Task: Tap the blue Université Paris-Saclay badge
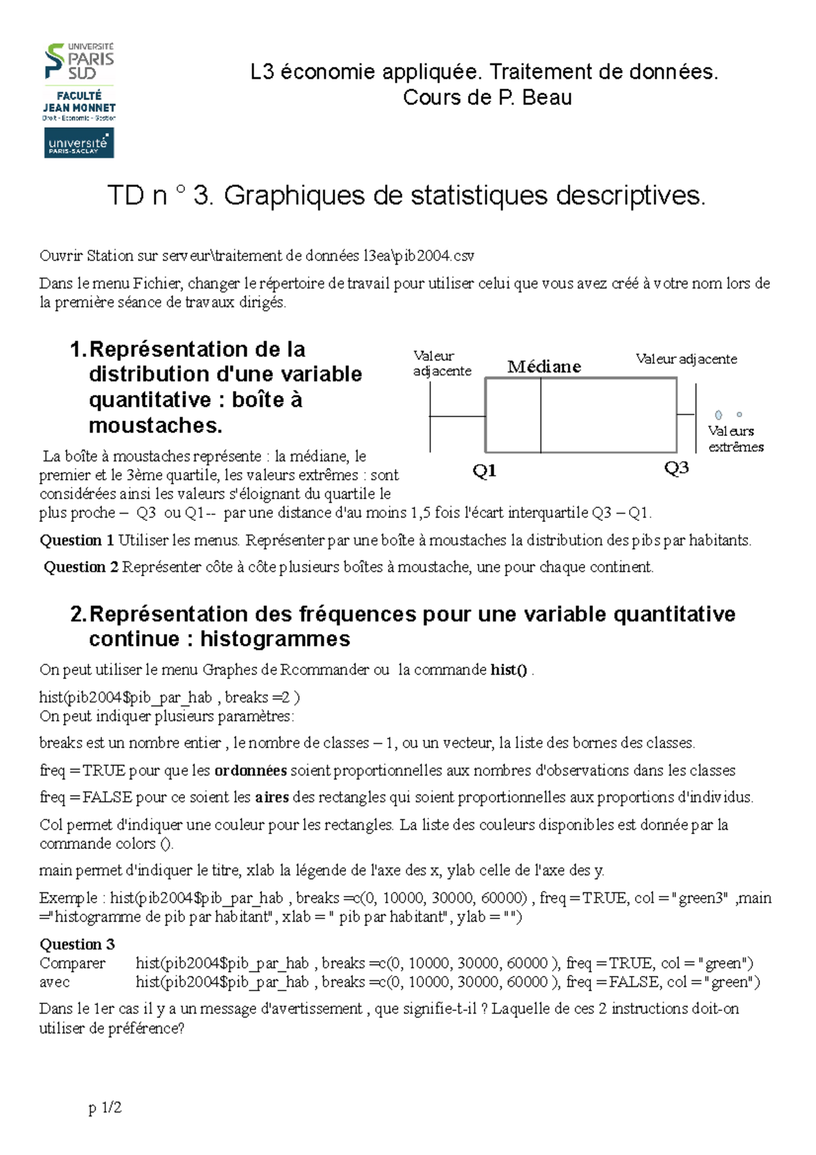pos(79,144)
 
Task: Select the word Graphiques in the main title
pos(295,196)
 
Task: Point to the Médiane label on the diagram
pos(544,367)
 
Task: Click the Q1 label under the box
pos(484,471)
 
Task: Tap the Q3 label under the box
pos(676,468)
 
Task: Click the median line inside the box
pos(541,415)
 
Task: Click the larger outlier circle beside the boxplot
pos(718,415)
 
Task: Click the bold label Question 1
pos(77,541)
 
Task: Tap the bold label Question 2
pos(81,567)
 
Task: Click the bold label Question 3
pos(77,944)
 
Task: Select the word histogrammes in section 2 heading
pos(275,639)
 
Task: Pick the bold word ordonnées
pos(250,771)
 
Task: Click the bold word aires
pos(272,797)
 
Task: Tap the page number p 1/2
pos(105,1108)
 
